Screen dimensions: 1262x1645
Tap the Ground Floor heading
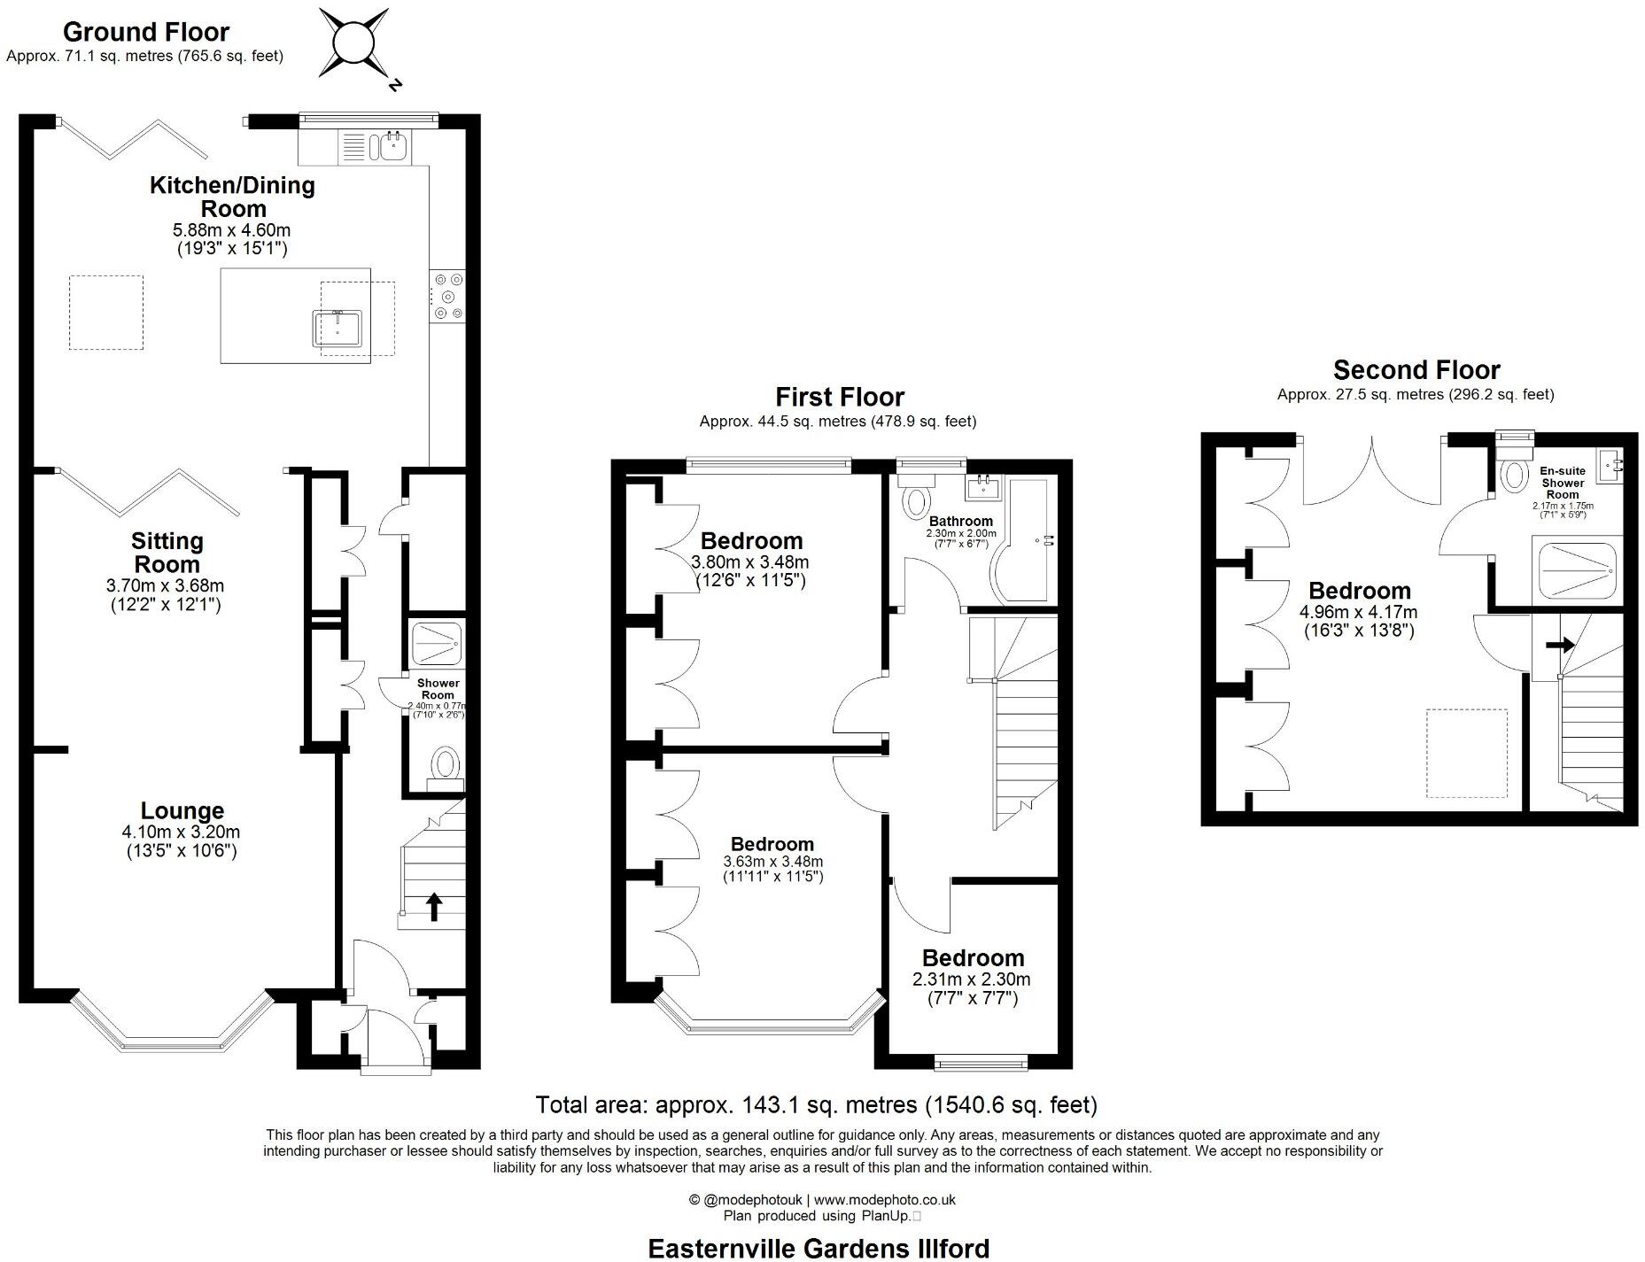[146, 32]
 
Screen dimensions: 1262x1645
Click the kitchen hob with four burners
[446, 297]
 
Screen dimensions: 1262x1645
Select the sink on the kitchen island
[336, 328]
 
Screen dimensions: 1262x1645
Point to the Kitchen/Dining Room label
[232, 197]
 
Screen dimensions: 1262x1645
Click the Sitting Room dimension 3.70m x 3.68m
[165, 585]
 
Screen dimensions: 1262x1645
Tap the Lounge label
[182, 810]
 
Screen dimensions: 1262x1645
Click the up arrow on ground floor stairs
[434, 907]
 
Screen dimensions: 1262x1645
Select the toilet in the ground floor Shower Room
[445, 763]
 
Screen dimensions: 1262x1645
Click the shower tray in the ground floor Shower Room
[436, 644]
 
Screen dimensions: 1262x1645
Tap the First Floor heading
[839, 397]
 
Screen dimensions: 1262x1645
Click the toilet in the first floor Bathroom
[913, 501]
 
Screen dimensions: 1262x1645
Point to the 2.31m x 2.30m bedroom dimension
[972, 979]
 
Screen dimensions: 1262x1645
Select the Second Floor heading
[1416, 369]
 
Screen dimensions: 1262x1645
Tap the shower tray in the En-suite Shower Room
[1577, 570]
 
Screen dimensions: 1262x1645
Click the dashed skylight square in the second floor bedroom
[1466, 752]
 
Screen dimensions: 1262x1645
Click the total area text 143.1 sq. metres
[815, 1104]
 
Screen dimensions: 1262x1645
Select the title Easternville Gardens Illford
[819, 1248]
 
